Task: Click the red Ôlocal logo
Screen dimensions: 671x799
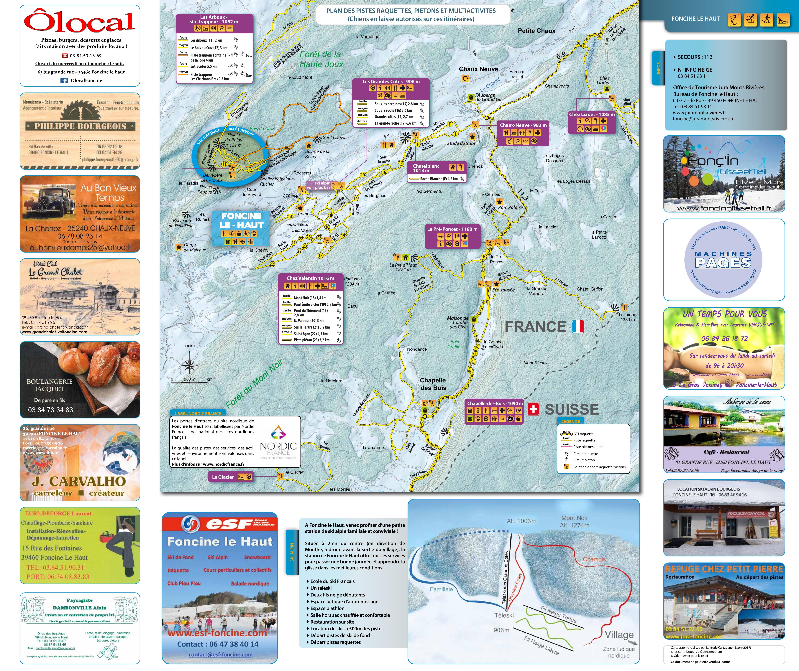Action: tap(80, 22)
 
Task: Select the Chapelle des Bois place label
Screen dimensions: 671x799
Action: tap(433, 384)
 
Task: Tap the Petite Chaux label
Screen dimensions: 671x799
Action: tap(537, 31)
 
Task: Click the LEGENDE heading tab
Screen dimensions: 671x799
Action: tap(571, 421)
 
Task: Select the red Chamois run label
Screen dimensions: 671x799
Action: tap(594, 559)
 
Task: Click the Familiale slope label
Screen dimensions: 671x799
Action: tap(441, 589)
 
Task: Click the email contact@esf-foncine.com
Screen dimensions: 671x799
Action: tap(220, 655)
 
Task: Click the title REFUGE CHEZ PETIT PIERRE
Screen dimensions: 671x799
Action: tap(724, 569)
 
